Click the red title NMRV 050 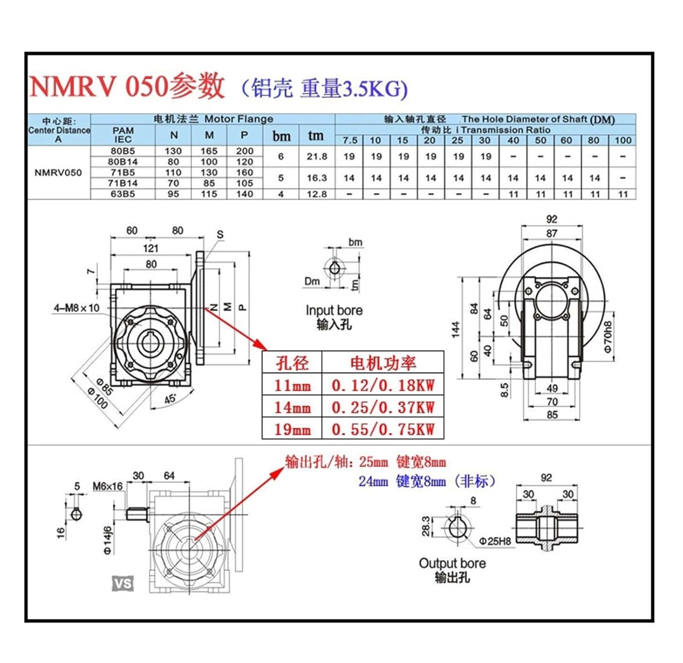coord(98,86)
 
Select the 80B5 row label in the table coord(122,151)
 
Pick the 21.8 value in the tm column coord(316,157)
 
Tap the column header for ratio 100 coord(622,141)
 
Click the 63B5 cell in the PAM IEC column coord(122,194)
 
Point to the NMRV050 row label coord(58,173)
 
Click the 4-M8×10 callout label coord(76,308)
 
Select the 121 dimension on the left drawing coord(150,248)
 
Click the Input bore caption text coord(334,311)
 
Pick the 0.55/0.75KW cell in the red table coord(383,429)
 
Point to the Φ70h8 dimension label coord(608,337)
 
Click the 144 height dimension coord(456,330)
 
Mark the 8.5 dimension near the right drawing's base coord(505,390)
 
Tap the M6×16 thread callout coord(107,486)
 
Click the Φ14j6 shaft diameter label coord(107,540)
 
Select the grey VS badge coord(123,583)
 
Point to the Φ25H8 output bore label coord(495,542)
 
